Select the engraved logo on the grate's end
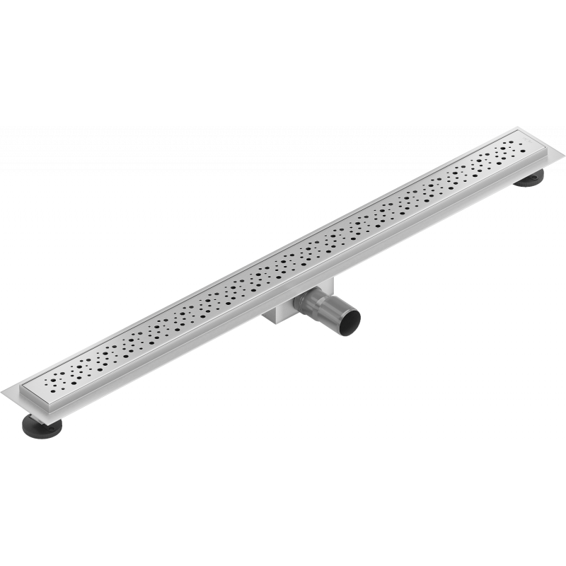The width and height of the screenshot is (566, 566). click(x=521, y=141)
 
